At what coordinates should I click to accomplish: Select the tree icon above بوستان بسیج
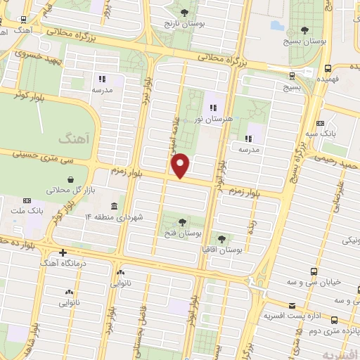pos(304,30)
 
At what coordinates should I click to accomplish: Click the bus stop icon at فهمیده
pos(328,68)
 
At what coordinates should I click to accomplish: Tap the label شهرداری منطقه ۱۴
pos(117,216)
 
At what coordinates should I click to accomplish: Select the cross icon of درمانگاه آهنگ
pos(63,252)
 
